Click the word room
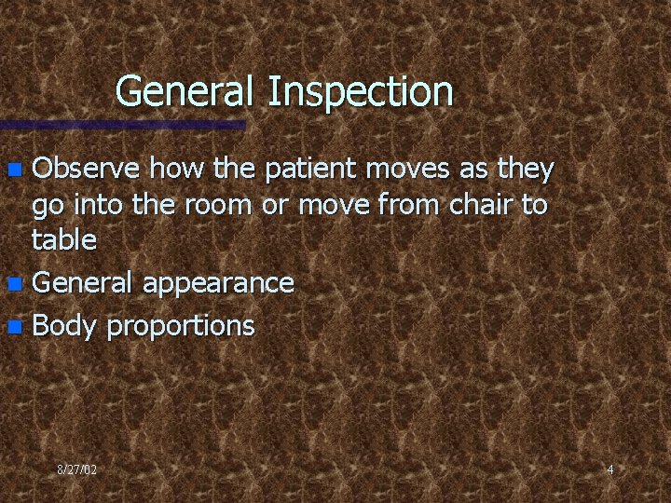221,205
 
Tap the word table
63,240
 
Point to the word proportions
180,326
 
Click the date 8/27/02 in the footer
75,469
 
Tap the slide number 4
609,469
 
